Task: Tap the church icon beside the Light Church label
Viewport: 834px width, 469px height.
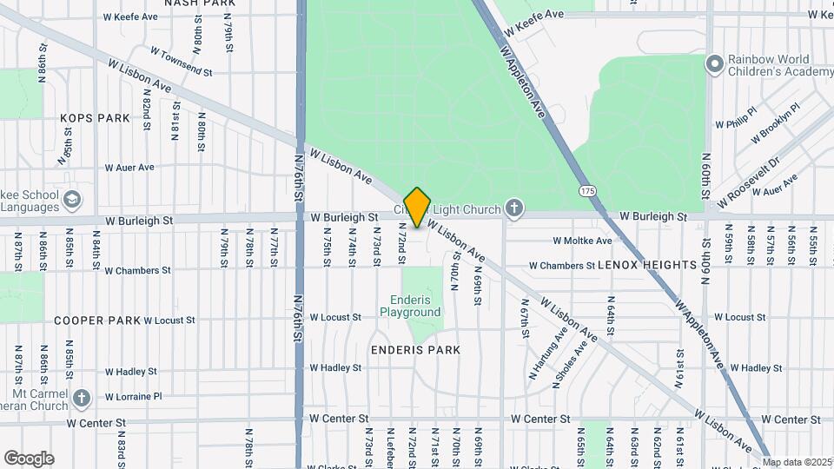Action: [515, 208]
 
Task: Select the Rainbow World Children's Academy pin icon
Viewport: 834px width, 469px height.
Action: [715, 64]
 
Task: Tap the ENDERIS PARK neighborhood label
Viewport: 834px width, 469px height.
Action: [415, 349]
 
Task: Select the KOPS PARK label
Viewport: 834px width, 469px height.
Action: [95, 117]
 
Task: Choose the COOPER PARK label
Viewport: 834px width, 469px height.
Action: [97, 320]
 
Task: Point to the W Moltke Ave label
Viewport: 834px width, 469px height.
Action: [582, 241]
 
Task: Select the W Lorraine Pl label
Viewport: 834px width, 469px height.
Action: [133, 396]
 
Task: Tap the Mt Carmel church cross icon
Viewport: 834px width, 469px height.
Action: [82, 398]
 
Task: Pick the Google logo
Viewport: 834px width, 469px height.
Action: [29, 458]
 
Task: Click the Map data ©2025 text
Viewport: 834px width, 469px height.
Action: [797, 462]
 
